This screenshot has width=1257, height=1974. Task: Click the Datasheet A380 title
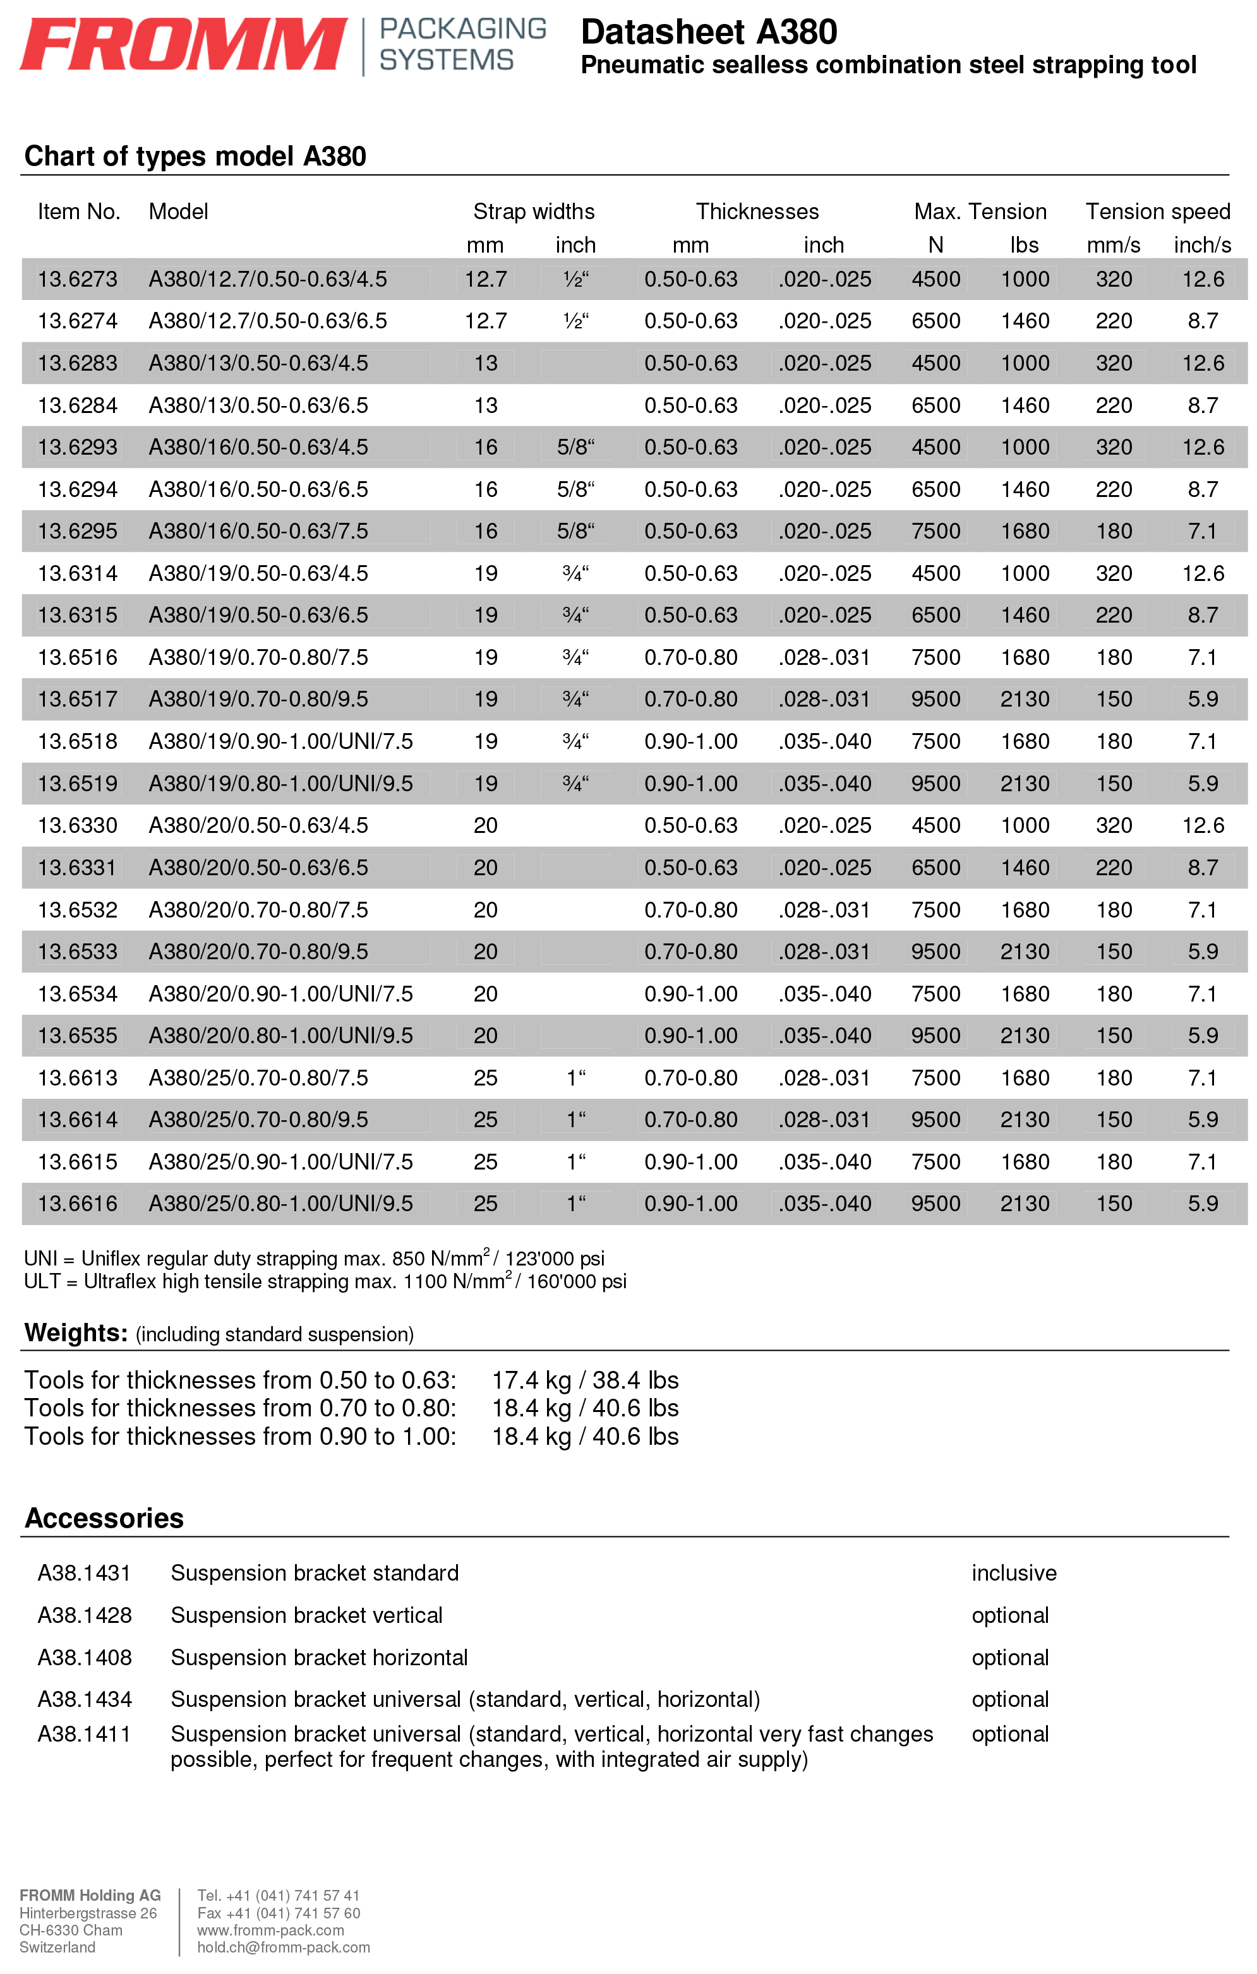(709, 33)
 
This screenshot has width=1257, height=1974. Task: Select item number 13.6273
(78, 280)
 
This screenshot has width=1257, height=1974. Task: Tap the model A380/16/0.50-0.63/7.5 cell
(258, 531)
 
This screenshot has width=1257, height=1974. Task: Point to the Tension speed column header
(1157, 212)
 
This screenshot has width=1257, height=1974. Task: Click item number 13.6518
(78, 741)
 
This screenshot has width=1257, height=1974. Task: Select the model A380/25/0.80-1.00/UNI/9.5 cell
(280, 1204)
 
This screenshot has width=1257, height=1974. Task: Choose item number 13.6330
(78, 825)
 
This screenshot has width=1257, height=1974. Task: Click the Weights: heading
(75, 1333)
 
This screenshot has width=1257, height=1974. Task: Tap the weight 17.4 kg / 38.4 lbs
(585, 1380)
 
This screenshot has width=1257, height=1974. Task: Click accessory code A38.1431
(85, 1573)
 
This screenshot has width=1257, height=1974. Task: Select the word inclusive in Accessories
(1013, 1573)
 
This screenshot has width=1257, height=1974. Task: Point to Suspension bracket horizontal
(319, 1658)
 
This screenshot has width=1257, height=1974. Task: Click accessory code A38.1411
(85, 1734)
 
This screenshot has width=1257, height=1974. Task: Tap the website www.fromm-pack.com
(270, 1930)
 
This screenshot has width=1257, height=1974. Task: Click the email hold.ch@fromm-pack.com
(283, 1947)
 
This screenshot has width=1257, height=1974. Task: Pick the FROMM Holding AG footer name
(90, 1895)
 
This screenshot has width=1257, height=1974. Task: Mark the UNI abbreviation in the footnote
(40, 1259)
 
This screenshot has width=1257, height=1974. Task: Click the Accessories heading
(104, 1518)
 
